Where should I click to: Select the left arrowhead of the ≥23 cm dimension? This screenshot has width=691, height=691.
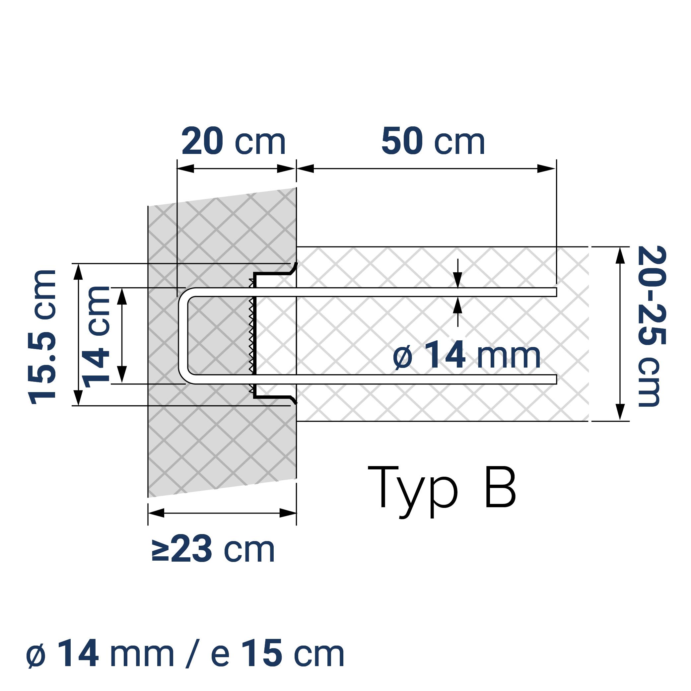pos(156,513)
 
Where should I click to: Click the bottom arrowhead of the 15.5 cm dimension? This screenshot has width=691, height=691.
pos(78,397)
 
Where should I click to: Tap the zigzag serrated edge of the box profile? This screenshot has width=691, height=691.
pos(251,336)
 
